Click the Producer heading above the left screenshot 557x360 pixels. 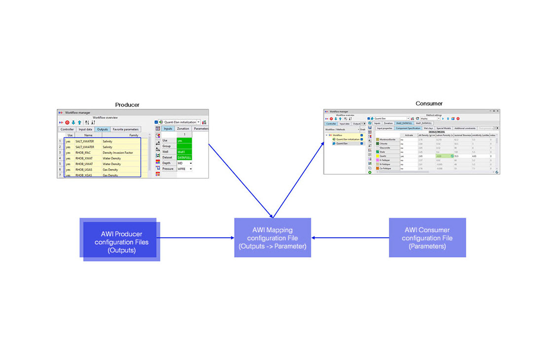[127, 105]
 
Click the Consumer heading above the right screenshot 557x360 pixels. [429, 104]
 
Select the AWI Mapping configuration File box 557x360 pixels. [272, 238]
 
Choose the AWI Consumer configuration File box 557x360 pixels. [427, 238]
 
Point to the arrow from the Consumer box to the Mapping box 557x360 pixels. [350, 238]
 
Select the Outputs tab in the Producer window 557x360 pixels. [102, 129]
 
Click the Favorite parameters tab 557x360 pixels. [125, 129]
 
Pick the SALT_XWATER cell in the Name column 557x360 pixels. [85, 141]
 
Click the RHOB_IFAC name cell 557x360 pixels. [83, 153]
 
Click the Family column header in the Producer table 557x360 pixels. [134, 135]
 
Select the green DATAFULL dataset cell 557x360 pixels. [184, 157]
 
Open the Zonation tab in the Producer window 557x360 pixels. [183, 129]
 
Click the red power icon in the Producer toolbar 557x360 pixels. [68, 122]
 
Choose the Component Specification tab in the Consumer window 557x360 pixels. [408, 128]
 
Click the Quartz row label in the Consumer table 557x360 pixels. [383, 156]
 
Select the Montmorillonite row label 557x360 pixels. [387, 140]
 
